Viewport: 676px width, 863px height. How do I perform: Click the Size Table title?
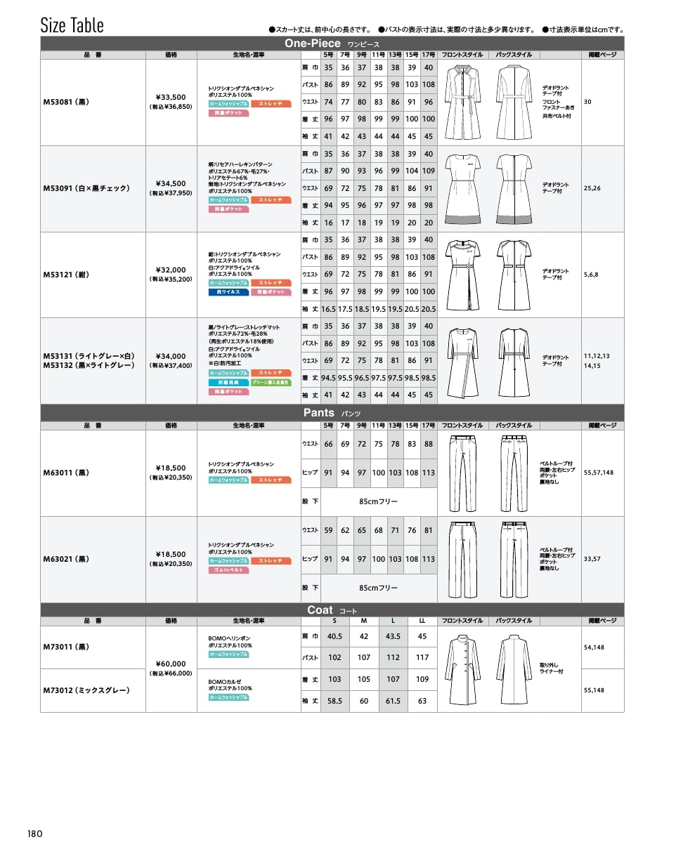point(72,25)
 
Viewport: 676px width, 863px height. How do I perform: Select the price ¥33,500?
point(171,97)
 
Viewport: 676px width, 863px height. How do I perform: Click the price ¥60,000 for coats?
point(171,664)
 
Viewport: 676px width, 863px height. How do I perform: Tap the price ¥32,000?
point(171,270)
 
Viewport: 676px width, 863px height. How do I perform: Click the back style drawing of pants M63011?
point(514,473)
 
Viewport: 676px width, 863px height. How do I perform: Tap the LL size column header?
point(422,621)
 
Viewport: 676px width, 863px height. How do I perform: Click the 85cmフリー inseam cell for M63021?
point(378,588)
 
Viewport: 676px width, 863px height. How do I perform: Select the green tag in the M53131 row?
point(271,382)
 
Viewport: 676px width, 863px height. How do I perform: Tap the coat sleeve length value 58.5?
point(334,701)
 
